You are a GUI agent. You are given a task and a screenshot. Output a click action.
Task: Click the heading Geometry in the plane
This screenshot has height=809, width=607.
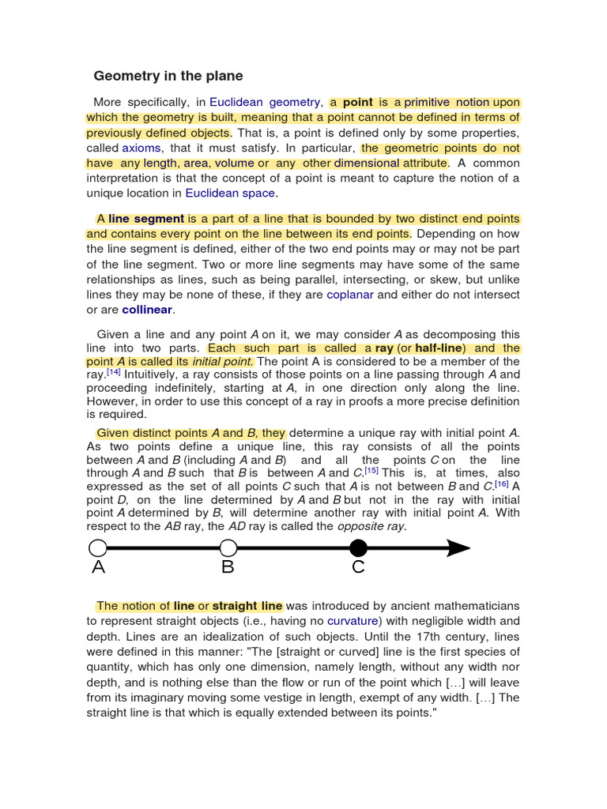[168, 76]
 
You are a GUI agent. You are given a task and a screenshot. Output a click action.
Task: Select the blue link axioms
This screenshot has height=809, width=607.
[142, 148]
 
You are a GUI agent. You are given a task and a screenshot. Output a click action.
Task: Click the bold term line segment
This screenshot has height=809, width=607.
[146, 219]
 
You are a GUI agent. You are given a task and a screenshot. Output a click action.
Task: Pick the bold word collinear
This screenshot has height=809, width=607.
[147, 310]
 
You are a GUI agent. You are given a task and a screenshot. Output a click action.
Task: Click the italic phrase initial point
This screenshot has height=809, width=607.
[225, 362]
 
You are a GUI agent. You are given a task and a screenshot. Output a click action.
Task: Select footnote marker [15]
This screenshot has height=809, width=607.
[371, 470]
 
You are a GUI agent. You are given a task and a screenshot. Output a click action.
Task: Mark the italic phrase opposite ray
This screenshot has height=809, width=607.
[371, 526]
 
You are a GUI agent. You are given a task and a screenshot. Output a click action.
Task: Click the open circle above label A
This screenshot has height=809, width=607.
[97, 547]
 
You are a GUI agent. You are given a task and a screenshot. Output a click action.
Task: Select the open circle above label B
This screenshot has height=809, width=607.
[228, 547]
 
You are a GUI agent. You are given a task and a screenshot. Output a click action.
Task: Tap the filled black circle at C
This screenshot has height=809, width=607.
[358, 547]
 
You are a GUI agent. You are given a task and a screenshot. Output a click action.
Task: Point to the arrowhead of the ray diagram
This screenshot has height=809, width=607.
[458, 547]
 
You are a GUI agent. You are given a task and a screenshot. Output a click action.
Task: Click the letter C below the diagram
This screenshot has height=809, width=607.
[358, 567]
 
